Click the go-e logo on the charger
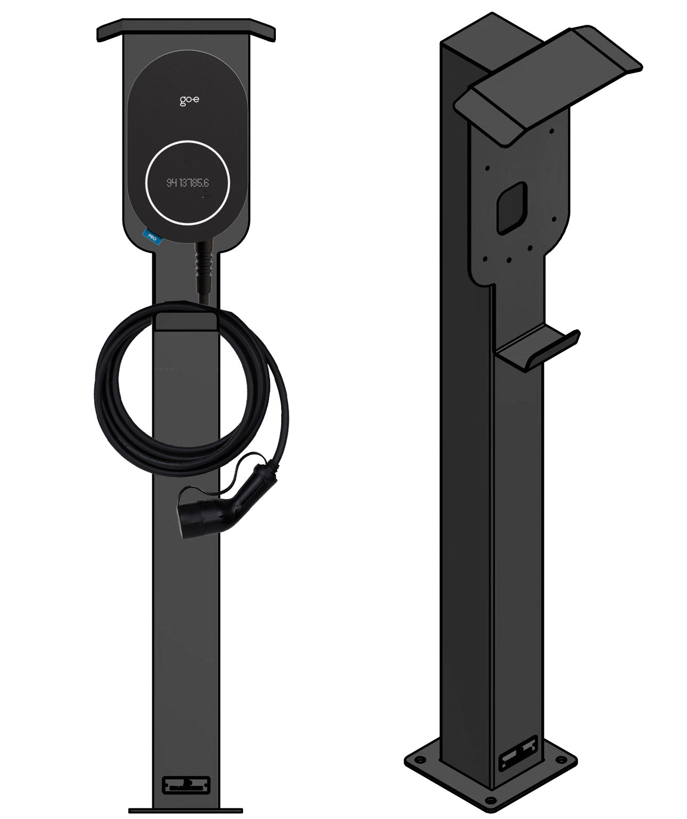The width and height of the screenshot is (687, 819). point(185,101)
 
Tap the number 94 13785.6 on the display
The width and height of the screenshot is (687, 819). point(187,183)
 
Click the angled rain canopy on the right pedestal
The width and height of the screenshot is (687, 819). point(549,85)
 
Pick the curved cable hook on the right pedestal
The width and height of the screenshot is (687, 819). point(538,349)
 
